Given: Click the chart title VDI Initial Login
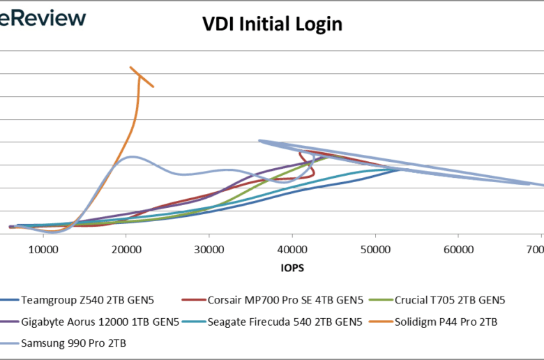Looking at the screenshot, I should (x=272, y=24).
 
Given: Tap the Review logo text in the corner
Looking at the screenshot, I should (x=43, y=17).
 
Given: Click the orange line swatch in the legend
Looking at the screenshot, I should (x=383, y=322).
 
